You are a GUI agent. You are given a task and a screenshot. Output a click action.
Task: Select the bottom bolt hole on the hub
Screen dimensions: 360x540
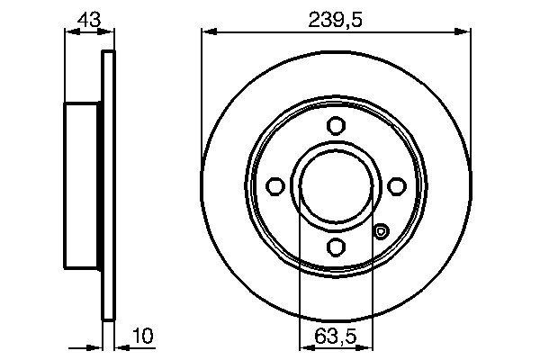(336, 246)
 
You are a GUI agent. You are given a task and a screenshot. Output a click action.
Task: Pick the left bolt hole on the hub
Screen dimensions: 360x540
(276, 185)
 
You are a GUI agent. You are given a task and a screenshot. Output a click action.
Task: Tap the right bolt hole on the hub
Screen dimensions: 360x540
(396, 185)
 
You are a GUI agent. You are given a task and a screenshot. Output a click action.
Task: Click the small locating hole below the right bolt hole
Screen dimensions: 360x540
(381, 231)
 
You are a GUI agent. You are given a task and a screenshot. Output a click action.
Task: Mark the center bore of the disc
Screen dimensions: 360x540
(336, 185)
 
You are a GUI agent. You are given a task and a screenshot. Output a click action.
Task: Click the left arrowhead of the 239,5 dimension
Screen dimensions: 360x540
(206, 32)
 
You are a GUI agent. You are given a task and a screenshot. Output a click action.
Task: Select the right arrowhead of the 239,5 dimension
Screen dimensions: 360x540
(465, 32)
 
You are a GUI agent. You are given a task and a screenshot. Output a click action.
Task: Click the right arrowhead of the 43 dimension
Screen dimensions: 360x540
(110, 32)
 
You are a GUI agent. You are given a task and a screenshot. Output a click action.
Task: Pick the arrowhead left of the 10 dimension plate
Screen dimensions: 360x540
(99, 346)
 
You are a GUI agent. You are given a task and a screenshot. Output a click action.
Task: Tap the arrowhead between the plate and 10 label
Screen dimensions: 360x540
(121, 346)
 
